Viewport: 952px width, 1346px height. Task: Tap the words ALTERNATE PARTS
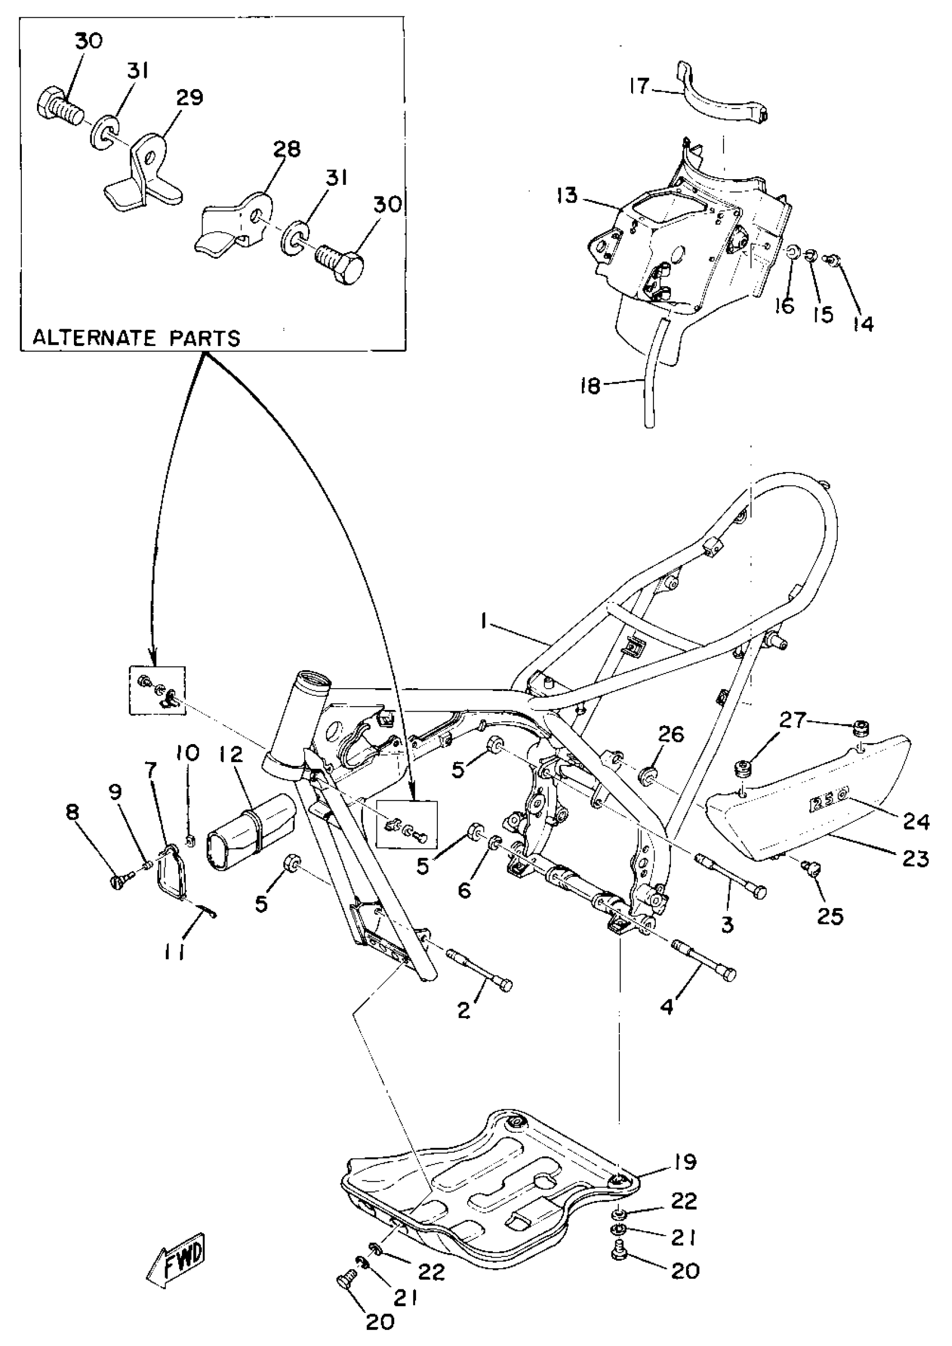136,338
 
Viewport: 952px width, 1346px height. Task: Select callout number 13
567,195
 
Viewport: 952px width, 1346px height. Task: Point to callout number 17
639,86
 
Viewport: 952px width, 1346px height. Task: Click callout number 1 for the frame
484,623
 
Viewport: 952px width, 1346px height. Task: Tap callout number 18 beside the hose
590,386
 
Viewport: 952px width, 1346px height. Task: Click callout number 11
174,955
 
